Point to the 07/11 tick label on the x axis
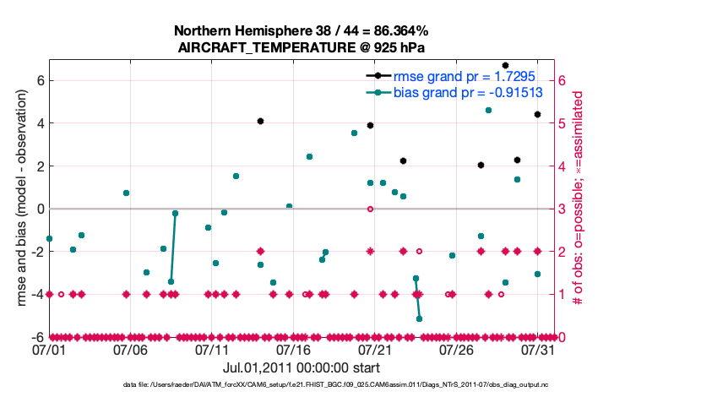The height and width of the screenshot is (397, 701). [213, 349]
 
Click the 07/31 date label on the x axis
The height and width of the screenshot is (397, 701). [537, 349]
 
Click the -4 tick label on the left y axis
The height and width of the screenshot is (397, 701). [37, 294]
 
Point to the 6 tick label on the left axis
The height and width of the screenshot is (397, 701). [40, 80]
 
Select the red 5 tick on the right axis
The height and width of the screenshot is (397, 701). [564, 123]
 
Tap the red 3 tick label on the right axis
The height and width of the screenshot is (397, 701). [564, 209]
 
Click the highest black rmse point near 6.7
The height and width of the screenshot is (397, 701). [505, 65]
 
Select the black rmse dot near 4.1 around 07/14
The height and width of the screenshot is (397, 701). [260, 122]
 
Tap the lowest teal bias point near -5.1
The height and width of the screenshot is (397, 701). [419, 318]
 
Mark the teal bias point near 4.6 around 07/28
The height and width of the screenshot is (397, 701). [488, 110]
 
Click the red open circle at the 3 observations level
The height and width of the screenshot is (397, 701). [370, 209]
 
